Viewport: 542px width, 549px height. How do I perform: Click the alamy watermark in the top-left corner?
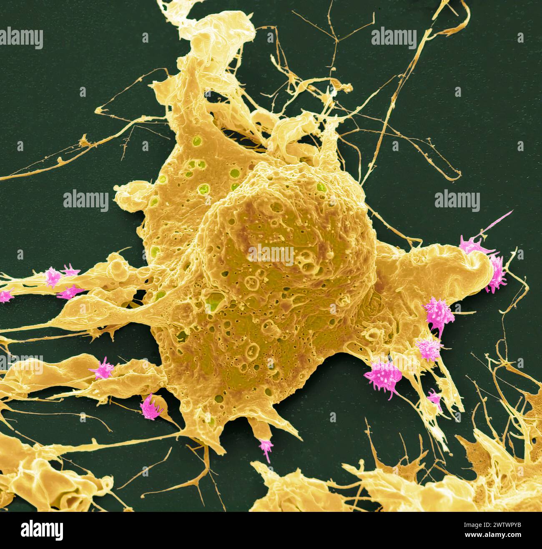pyautogui.click(x=21, y=38)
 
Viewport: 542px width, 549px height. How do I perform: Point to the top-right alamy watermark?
pyautogui.click(x=394, y=38)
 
